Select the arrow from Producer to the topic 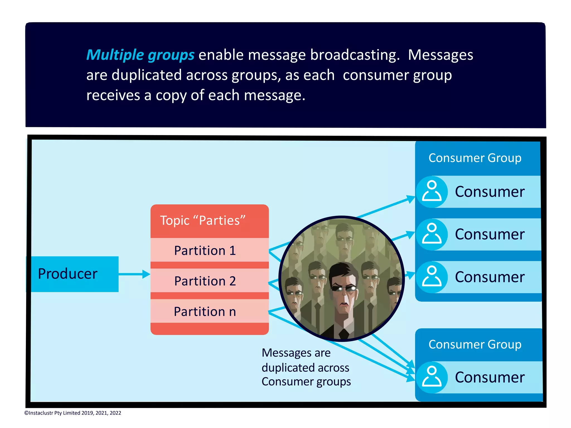click(134, 274)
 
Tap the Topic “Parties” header click(203, 221)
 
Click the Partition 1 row click(205, 250)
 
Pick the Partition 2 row click(205, 281)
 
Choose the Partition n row click(205, 311)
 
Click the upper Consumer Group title click(475, 158)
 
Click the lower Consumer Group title click(475, 344)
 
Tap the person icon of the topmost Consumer click(432, 192)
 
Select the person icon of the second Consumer click(432, 234)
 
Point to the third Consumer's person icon click(432, 277)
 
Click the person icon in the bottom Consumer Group click(432, 377)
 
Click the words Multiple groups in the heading click(140, 55)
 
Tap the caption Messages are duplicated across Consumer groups click(306, 367)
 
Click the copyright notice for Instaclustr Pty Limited click(73, 413)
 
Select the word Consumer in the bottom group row click(490, 377)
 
